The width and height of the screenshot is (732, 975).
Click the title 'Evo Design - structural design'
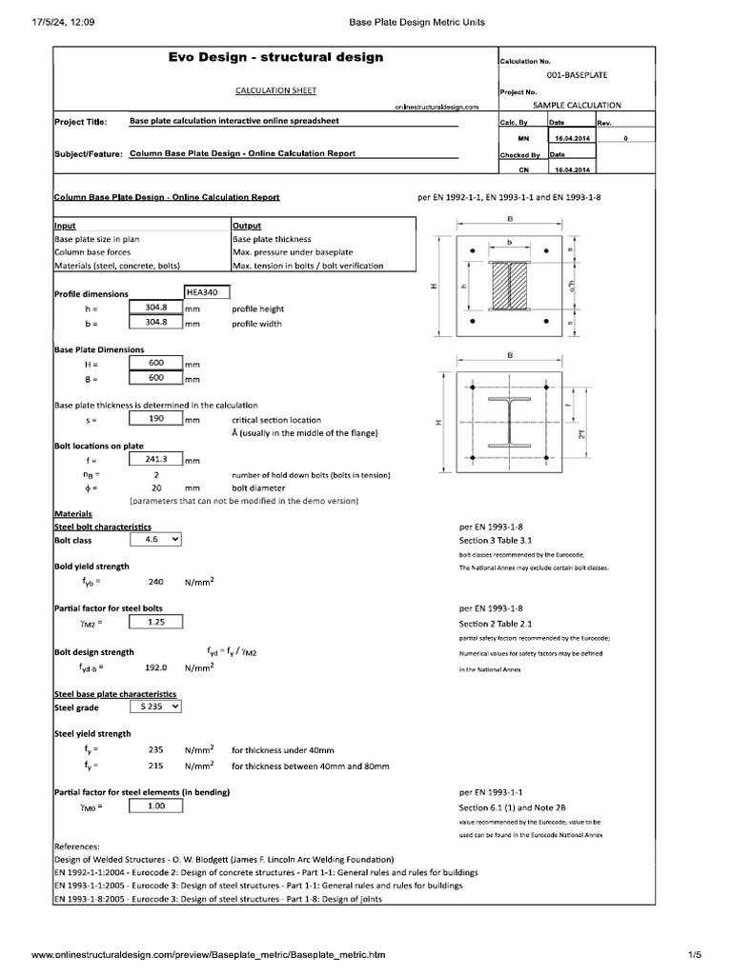(275, 57)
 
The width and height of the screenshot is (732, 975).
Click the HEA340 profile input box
(206, 292)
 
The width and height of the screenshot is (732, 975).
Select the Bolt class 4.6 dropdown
(155, 539)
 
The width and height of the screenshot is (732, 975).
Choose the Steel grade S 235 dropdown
(155, 706)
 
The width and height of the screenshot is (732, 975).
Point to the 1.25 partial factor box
(155, 622)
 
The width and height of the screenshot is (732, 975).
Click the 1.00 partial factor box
(155, 806)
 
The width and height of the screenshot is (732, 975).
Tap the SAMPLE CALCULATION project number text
(577, 105)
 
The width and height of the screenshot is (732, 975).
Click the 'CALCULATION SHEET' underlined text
(275, 90)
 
